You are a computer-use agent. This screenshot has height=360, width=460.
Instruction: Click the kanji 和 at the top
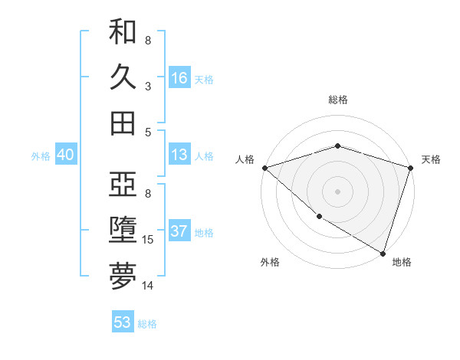click(x=123, y=33)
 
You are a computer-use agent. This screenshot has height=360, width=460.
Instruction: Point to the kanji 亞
click(x=123, y=186)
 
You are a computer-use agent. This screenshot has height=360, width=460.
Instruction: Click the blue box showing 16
click(x=179, y=77)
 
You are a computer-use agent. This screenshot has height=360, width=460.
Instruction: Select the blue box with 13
click(x=179, y=155)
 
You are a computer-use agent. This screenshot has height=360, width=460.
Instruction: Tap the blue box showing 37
click(x=179, y=232)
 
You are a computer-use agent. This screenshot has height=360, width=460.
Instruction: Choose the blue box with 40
click(x=65, y=155)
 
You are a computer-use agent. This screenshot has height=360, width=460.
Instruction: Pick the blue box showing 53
click(x=123, y=322)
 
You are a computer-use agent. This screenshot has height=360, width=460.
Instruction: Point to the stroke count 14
click(x=148, y=286)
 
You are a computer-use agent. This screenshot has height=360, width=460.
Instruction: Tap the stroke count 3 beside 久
click(x=147, y=86)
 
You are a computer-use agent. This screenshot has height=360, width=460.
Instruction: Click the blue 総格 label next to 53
click(x=147, y=324)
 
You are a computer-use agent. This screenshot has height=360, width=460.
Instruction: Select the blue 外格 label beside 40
click(x=41, y=156)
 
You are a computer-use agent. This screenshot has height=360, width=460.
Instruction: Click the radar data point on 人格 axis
click(x=264, y=168)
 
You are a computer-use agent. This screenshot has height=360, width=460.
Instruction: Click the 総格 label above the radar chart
click(x=337, y=100)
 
